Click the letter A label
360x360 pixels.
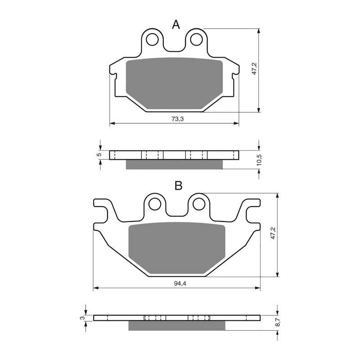click(x=176, y=25)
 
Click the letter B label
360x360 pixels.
click(x=178, y=185)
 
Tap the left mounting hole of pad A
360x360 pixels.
click(x=153, y=40)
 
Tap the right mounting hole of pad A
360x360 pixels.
click(x=196, y=40)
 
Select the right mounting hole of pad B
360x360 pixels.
click(x=198, y=204)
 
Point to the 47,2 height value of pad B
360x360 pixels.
click(x=273, y=234)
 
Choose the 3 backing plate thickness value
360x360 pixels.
click(x=82, y=318)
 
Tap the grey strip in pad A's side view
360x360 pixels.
click(x=174, y=164)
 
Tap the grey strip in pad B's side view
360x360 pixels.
click(x=176, y=325)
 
